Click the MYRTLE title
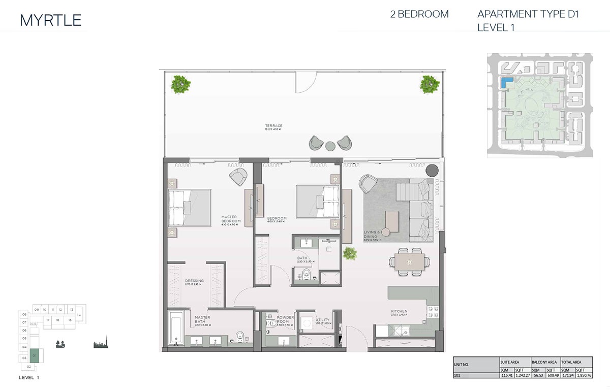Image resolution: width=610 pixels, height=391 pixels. point(50,20)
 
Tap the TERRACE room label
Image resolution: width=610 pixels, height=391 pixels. point(273,126)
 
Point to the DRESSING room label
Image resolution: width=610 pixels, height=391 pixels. point(194,281)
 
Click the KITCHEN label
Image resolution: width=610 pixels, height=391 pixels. point(399,311)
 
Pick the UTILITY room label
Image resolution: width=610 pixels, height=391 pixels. point(322,320)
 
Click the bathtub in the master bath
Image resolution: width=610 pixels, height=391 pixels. point(176,330)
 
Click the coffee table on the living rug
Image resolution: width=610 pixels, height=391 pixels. point(392,221)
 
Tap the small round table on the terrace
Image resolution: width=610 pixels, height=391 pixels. point(330,146)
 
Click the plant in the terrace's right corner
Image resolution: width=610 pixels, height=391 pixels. point(430,84)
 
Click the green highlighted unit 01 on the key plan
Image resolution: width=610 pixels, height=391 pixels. point(34,355)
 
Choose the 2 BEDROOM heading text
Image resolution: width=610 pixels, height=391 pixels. point(419,14)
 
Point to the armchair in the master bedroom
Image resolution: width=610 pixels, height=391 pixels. point(238,177)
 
